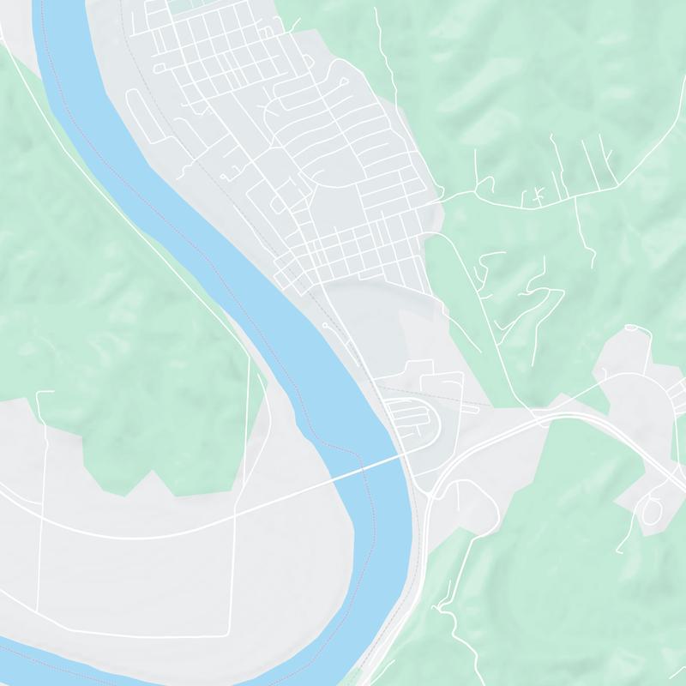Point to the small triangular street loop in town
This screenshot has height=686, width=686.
tap(279, 205)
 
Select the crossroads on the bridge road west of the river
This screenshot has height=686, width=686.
tap(235, 514)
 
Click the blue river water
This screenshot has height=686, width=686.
tap(171, 171)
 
